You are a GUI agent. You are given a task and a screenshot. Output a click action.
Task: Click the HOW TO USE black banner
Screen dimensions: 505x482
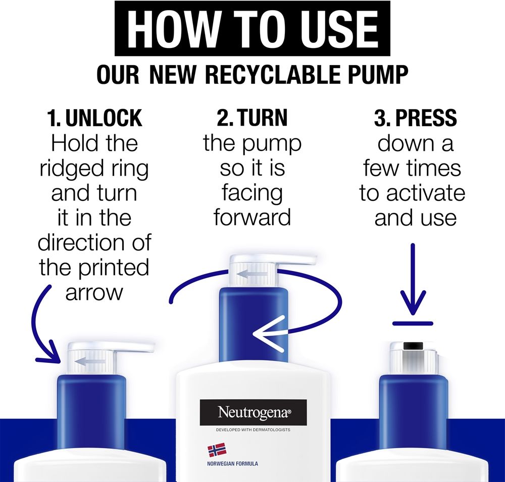pyautogui.click(x=252, y=28)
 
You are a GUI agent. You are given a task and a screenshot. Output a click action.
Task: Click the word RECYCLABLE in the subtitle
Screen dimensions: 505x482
pyautogui.click(x=273, y=74)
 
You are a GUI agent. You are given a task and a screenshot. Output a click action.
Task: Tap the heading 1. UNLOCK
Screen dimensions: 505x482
pyautogui.click(x=94, y=118)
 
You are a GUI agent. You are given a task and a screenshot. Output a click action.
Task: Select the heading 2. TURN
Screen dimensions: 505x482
pyautogui.click(x=252, y=118)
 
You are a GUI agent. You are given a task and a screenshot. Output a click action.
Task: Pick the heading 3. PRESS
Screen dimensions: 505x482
pyautogui.click(x=416, y=118)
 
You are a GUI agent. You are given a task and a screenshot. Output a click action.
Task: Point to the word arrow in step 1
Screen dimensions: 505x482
pyautogui.click(x=94, y=293)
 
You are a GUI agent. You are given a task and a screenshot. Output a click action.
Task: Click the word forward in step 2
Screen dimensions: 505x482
pyautogui.click(x=252, y=218)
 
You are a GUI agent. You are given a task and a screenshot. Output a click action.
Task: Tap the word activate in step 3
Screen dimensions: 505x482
pyautogui.click(x=425, y=193)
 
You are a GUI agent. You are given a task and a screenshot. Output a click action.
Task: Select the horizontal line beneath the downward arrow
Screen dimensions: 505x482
pyautogui.click(x=413, y=323)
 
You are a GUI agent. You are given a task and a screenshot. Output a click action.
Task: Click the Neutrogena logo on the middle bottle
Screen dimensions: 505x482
pyautogui.click(x=254, y=412)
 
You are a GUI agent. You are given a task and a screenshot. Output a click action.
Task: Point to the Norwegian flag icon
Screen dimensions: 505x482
pyautogui.click(x=217, y=450)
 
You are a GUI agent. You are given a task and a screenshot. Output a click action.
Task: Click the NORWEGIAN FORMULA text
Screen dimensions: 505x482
pyautogui.click(x=232, y=464)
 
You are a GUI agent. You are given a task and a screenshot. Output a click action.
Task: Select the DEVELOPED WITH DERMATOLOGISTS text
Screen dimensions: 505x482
pyautogui.click(x=253, y=430)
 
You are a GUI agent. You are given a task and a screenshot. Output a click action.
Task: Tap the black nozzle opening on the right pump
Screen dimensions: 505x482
pyautogui.click(x=413, y=346)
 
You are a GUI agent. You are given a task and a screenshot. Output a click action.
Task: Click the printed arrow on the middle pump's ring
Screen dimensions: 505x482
pyautogui.click(x=252, y=274)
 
